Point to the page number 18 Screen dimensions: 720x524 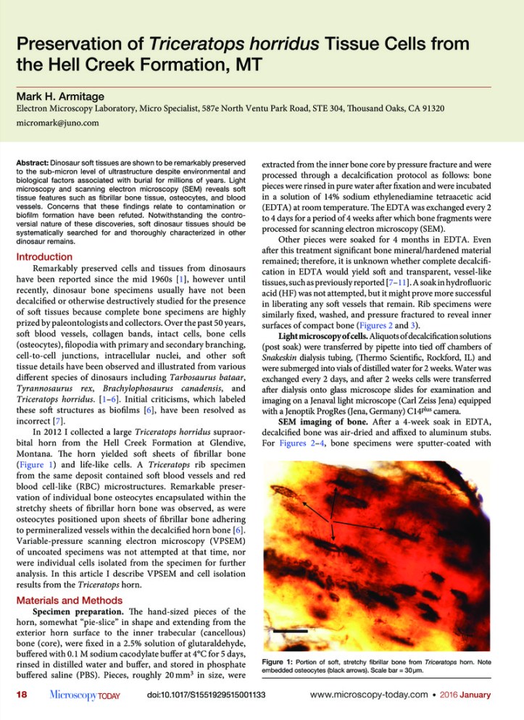pyautogui.click(x=23, y=695)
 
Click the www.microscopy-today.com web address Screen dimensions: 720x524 pyautogui.click(x=376, y=695)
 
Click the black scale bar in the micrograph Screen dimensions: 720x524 pyautogui.click(x=287, y=632)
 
